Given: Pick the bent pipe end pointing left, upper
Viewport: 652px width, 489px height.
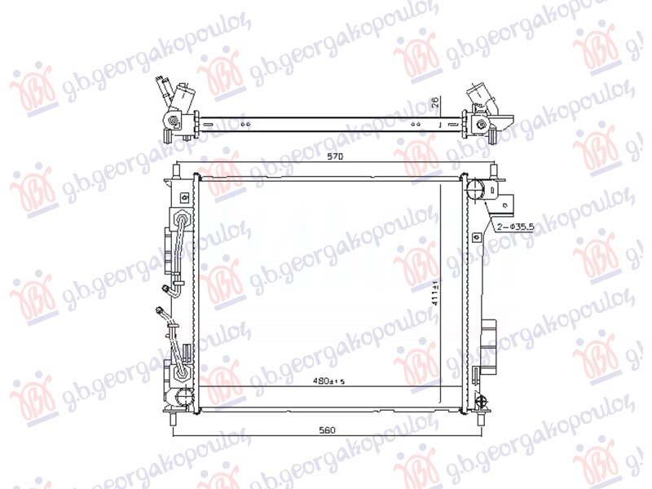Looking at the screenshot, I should tap(168, 287).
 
